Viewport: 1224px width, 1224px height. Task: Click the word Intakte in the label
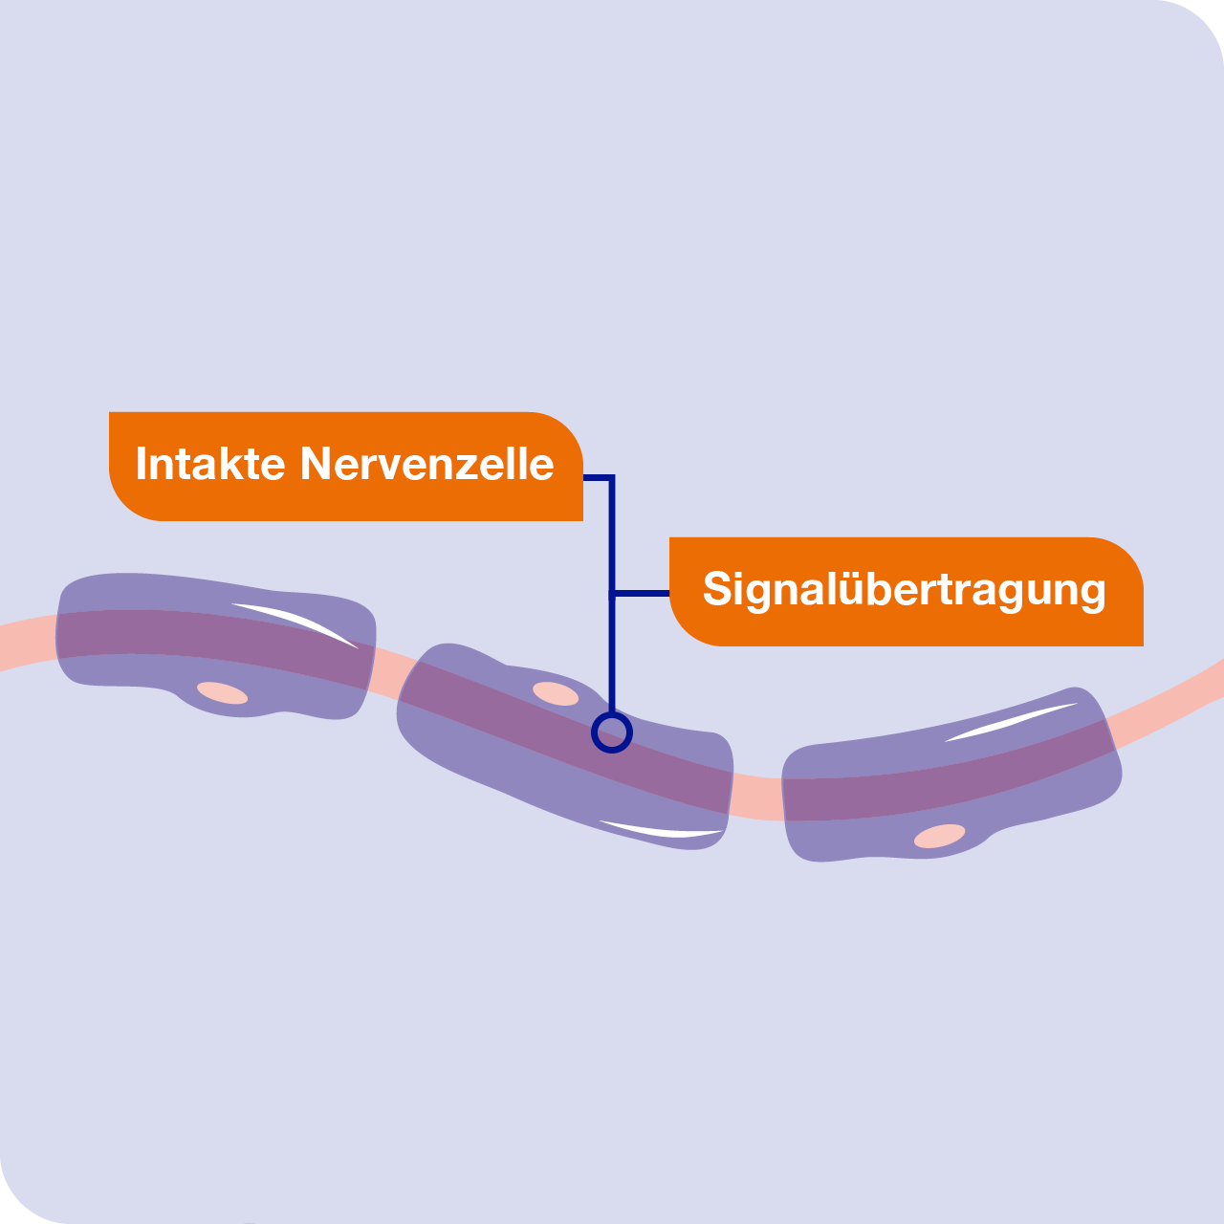(210, 464)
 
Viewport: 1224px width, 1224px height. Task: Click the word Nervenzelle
(426, 464)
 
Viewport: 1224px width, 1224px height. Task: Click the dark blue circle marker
(612, 732)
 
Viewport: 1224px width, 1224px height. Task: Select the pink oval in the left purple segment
(222, 693)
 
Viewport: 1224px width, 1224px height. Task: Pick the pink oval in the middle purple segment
(556, 693)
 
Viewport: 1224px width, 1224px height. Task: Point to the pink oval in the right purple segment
(939, 836)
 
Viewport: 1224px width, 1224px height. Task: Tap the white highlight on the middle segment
(661, 830)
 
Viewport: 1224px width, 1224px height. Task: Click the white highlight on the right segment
(1011, 722)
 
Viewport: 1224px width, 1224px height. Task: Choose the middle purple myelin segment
(564, 746)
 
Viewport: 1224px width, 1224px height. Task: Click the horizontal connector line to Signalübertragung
(641, 593)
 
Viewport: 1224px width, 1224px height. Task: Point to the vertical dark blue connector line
(612, 595)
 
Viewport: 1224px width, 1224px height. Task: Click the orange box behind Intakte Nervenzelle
(346, 467)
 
